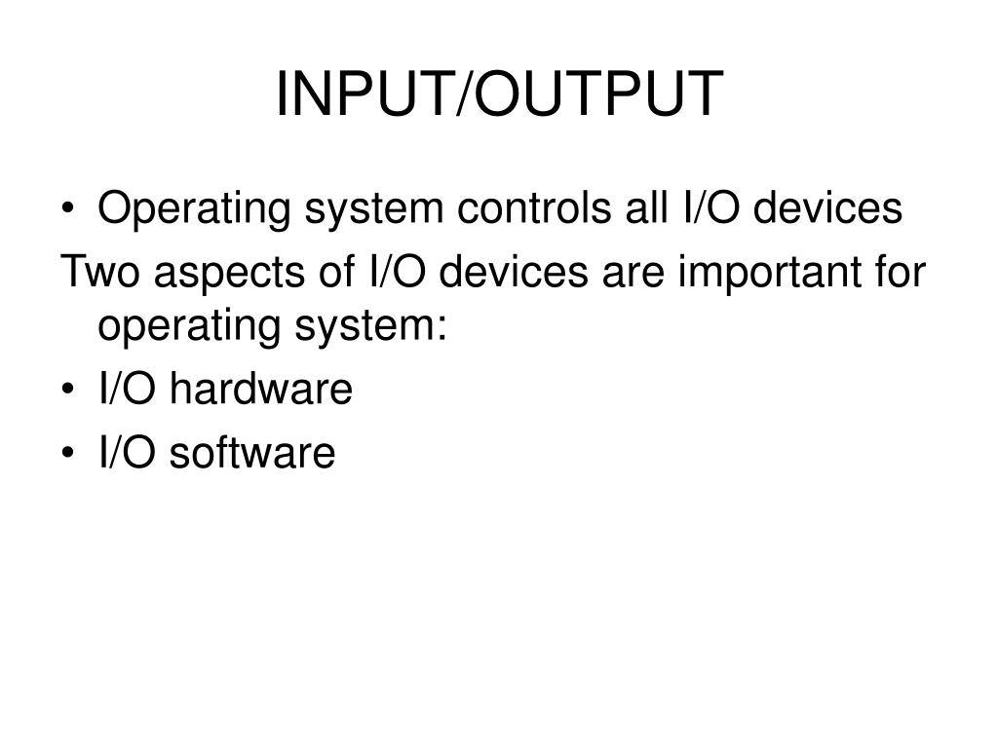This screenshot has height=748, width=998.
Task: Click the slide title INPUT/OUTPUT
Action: click(499, 94)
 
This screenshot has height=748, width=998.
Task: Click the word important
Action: click(761, 274)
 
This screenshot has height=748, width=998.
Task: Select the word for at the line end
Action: click(897, 272)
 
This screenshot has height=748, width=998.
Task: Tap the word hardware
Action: click(260, 391)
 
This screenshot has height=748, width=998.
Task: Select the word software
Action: click(252, 453)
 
